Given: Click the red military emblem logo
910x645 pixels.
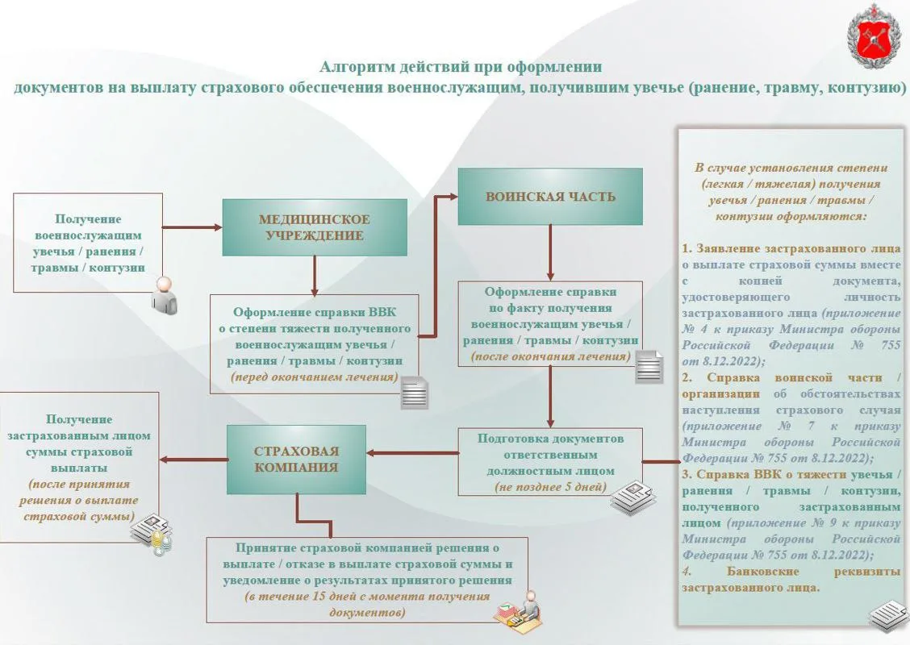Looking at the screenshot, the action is pyautogui.click(x=873, y=36).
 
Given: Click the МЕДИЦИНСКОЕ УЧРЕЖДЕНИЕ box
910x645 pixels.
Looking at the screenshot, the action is pyautogui.click(x=315, y=227).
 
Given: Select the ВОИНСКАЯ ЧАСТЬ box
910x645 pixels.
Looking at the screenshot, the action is pyautogui.click(x=550, y=197).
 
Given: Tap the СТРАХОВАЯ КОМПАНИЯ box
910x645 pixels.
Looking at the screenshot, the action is pyautogui.click(x=296, y=460).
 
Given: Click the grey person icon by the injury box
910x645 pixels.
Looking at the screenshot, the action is pyautogui.click(x=165, y=295).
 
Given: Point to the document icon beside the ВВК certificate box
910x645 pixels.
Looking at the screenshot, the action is pyautogui.click(x=415, y=393).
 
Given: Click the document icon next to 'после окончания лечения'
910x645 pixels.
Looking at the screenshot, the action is pyautogui.click(x=649, y=367).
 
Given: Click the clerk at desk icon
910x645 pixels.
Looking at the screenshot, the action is pyautogui.click(x=518, y=609).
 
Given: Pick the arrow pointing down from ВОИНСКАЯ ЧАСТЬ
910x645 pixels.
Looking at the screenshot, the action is pyautogui.click(x=550, y=253).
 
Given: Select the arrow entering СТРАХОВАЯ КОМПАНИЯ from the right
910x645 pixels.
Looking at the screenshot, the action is pyautogui.click(x=412, y=453).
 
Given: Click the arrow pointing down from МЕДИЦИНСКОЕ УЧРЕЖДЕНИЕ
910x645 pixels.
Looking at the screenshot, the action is pyautogui.click(x=315, y=276).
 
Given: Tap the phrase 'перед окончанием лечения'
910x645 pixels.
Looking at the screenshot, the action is pyautogui.click(x=315, y=377).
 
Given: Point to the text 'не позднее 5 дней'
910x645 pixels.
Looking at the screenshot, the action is pyautogui.click(x=550, y=487).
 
